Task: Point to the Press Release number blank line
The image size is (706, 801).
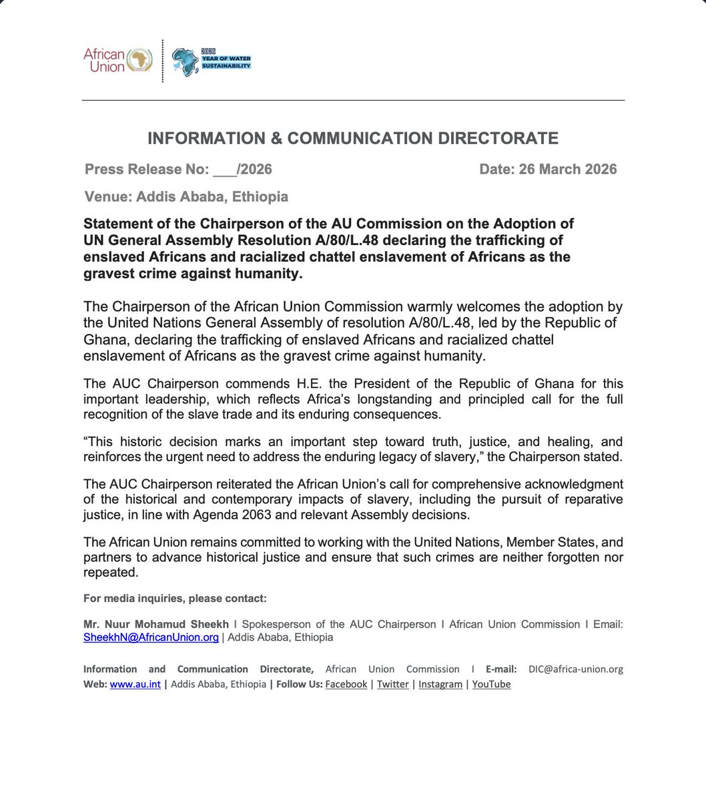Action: [225, 170]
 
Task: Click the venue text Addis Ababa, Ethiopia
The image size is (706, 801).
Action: [212, 197]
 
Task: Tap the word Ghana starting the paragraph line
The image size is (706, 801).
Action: [101, 340]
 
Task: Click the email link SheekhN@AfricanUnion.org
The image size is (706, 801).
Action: [151, 637]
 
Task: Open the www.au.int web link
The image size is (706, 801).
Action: [135, 684]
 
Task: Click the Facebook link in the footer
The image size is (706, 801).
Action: [346, 684]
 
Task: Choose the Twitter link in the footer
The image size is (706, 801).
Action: [392, 684]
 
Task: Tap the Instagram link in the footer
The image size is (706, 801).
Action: [440, 684]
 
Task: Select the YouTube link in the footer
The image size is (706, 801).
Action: [491, 684]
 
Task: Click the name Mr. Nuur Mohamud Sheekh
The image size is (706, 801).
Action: [155, 624]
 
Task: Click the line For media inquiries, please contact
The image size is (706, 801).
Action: [175, 598]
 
